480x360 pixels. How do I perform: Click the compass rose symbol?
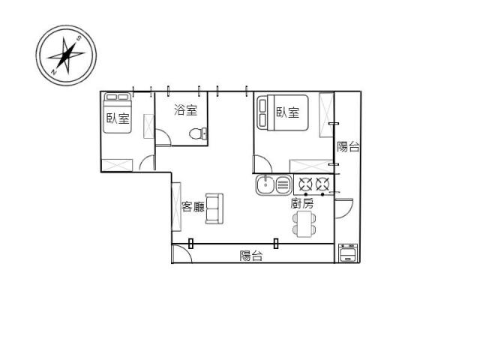click(x=66, y=55)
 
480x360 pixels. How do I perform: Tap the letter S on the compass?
click(x=78, y=38)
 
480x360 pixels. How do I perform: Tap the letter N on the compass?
click(x=54, y=72)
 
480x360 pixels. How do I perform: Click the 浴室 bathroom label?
click(x=185, y=110)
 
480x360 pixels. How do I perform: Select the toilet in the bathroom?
click(x=198, y=133)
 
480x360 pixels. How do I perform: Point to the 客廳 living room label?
click(x=193, y=207)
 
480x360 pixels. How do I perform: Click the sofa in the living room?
click(x=214, y=208)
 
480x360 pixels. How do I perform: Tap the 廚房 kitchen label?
click(x=301, y=203)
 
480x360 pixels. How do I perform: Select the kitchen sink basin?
click(x=265, y=184)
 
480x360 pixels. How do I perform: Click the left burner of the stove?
click(x=305, y=184)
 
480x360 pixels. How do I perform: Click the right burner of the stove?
click(x=322, y=184)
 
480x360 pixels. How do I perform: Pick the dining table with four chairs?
click(x=304, y=224)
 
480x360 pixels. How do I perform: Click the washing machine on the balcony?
click(x=348, y=253)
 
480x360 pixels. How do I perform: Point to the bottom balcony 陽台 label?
click(x=250, y=256)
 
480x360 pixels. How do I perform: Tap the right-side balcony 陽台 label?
click(x=348, y=147)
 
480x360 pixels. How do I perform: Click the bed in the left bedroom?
click(x=117, y=113)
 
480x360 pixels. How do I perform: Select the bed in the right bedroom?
click(x=282, y=112)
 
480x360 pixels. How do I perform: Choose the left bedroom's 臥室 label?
click(x=118, y=118)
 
